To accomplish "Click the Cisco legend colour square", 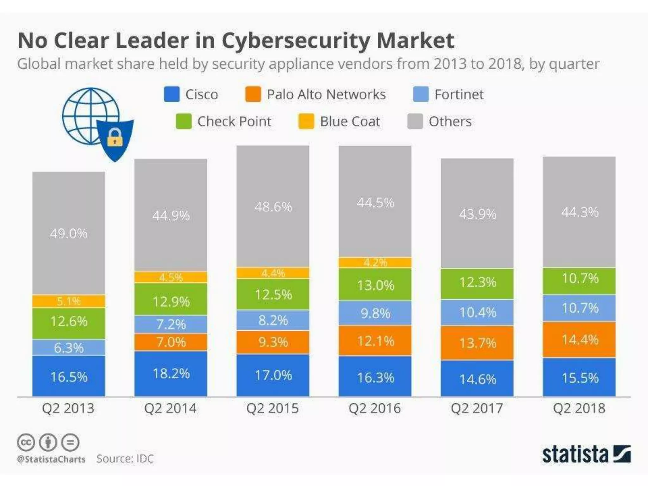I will pyautogui.click(x=171, y=94).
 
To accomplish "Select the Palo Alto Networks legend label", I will pyautogui.click(x=326, y=94).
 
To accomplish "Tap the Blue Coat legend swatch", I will pyautogui.click(x=306, y=121).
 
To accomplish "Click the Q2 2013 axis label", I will pyautogui.click(x=68, y=408).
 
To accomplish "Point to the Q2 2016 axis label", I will pyautogui.click(x=375, y=408).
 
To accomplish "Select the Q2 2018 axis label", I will pyautogui.click(x=579, y=408).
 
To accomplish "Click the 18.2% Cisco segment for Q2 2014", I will pyautogui.click(x=171, y=374).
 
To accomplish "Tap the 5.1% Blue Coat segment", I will pyautogui.click(x=69, y=301).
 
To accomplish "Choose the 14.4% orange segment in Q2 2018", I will pyautogui.click(x=579, y=340).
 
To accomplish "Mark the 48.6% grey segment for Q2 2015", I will pyautogui.click(x=273, y=207).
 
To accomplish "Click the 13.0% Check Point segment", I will pyautogui.click(x=375, y=285).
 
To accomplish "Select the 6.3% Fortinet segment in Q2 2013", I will pyautogui.click(x=69, y=348).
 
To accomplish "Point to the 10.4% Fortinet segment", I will pyautogui.click(x=477, y=313).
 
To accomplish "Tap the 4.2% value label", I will pyautogui.click(x=375, y=263).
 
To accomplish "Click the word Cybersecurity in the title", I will pyautogui.click(x=296, y=40).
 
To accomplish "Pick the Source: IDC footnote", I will pyautogui.click(x=125, y=458).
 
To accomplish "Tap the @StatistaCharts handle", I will pyautogui.click(x=51, y=459).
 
